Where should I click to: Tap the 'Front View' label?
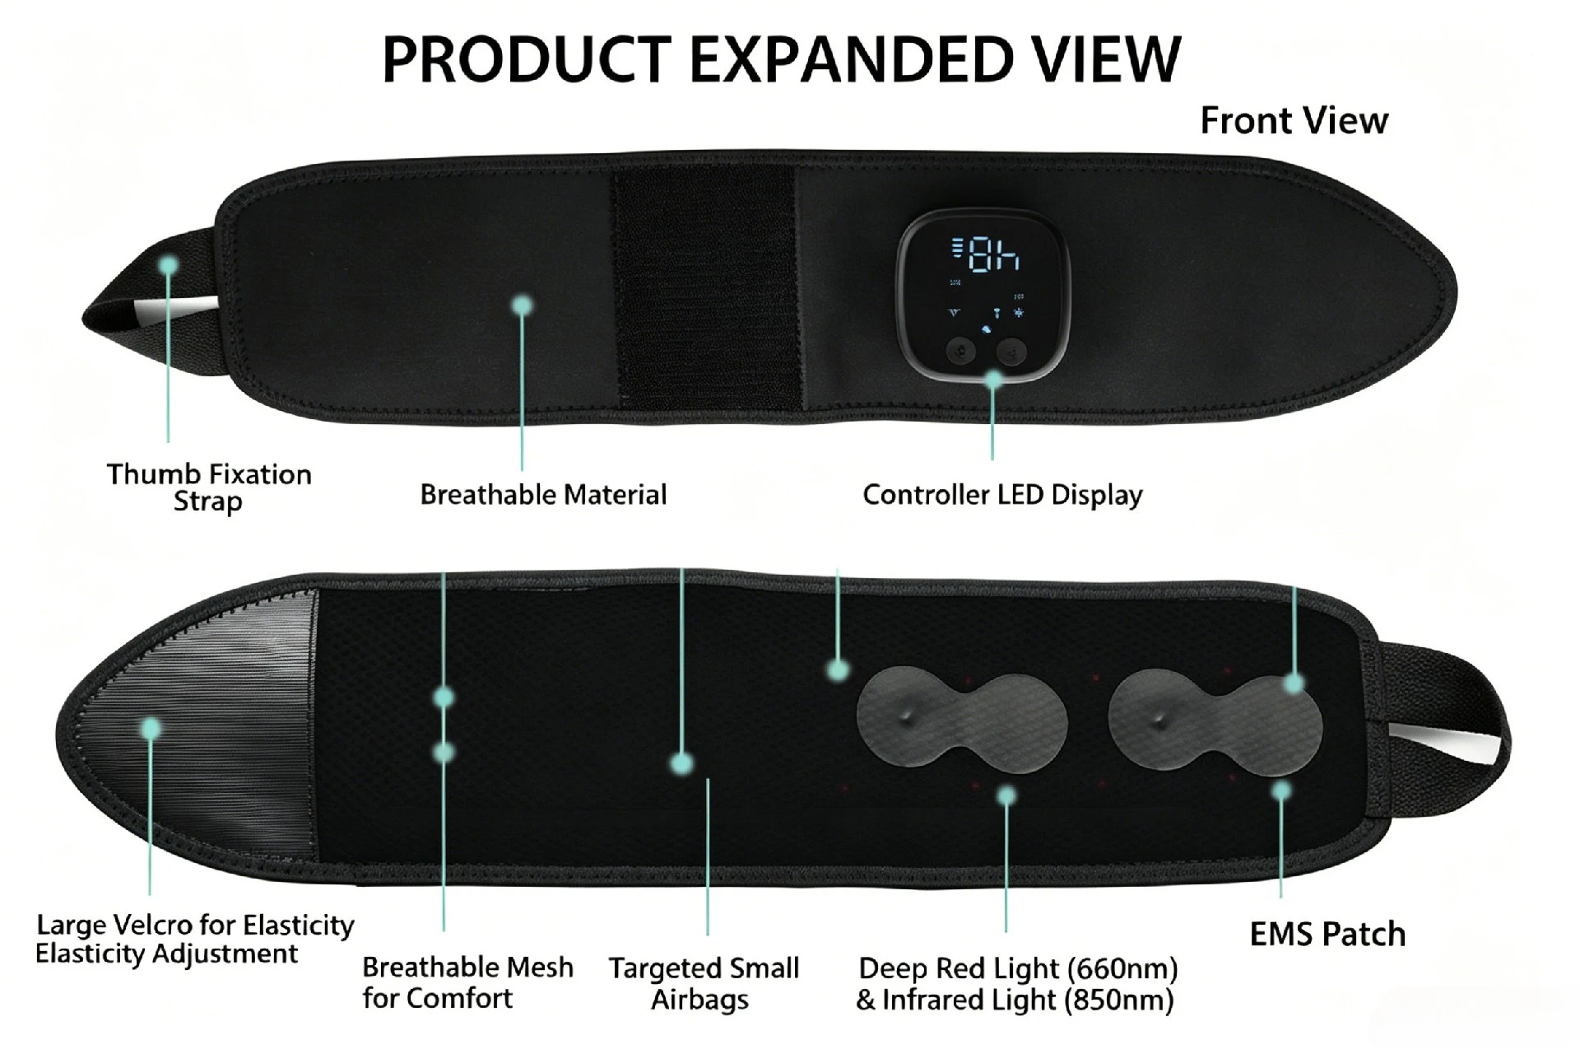[x=1294, y=120]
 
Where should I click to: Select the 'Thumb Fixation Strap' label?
[x=209, y=487]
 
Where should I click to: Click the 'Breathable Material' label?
[x=543, y=494]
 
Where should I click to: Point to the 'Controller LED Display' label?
[x=1002, y=495]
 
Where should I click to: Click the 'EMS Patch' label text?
[x=1327, y=934]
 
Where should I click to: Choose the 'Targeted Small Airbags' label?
[x=704, y=983]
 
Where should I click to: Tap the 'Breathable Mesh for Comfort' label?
[x=467, y=982]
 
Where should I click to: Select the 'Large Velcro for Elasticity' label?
[x=195, y=925]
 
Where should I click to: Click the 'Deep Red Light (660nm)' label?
[x=1018, y=968]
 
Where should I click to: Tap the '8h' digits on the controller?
[x=993, y=254]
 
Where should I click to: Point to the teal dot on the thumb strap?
[x=169, y=265]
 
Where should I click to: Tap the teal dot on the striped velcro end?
[x=151, y=729]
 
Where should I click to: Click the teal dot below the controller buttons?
[x=994, y=380]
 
